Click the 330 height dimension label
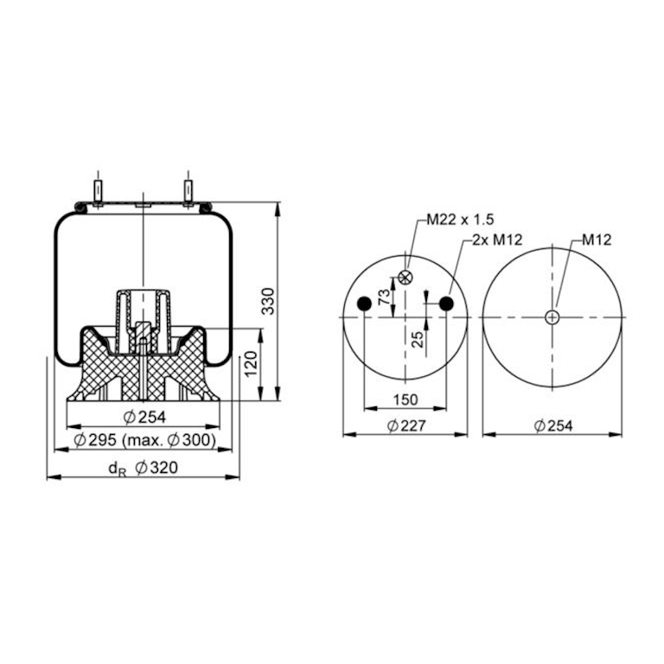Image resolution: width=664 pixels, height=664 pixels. pyautogui.click(x=268, y=301)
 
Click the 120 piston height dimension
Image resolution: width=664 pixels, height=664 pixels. pyautogui.click(x=251, y=364)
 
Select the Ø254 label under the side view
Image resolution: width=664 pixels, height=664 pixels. pyautogui.click(x=145, y=417)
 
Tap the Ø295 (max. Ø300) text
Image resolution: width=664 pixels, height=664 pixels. pyautogui.click(x=144, y=440)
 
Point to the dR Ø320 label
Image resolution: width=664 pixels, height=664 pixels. pyautogui.click(x=144, y=469)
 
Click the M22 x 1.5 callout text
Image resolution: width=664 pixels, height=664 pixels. pyautogui.click(x=460, y=220)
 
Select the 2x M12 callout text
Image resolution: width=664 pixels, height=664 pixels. pyautogui.click(x=498, y=239)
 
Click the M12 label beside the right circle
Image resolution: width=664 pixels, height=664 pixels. pyautogui.click(x=597, y=239)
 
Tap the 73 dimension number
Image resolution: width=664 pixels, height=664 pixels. pyautogui.click(x=384, y=297)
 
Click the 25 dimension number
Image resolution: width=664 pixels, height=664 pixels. pyautogui.click(x=418, y=339)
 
